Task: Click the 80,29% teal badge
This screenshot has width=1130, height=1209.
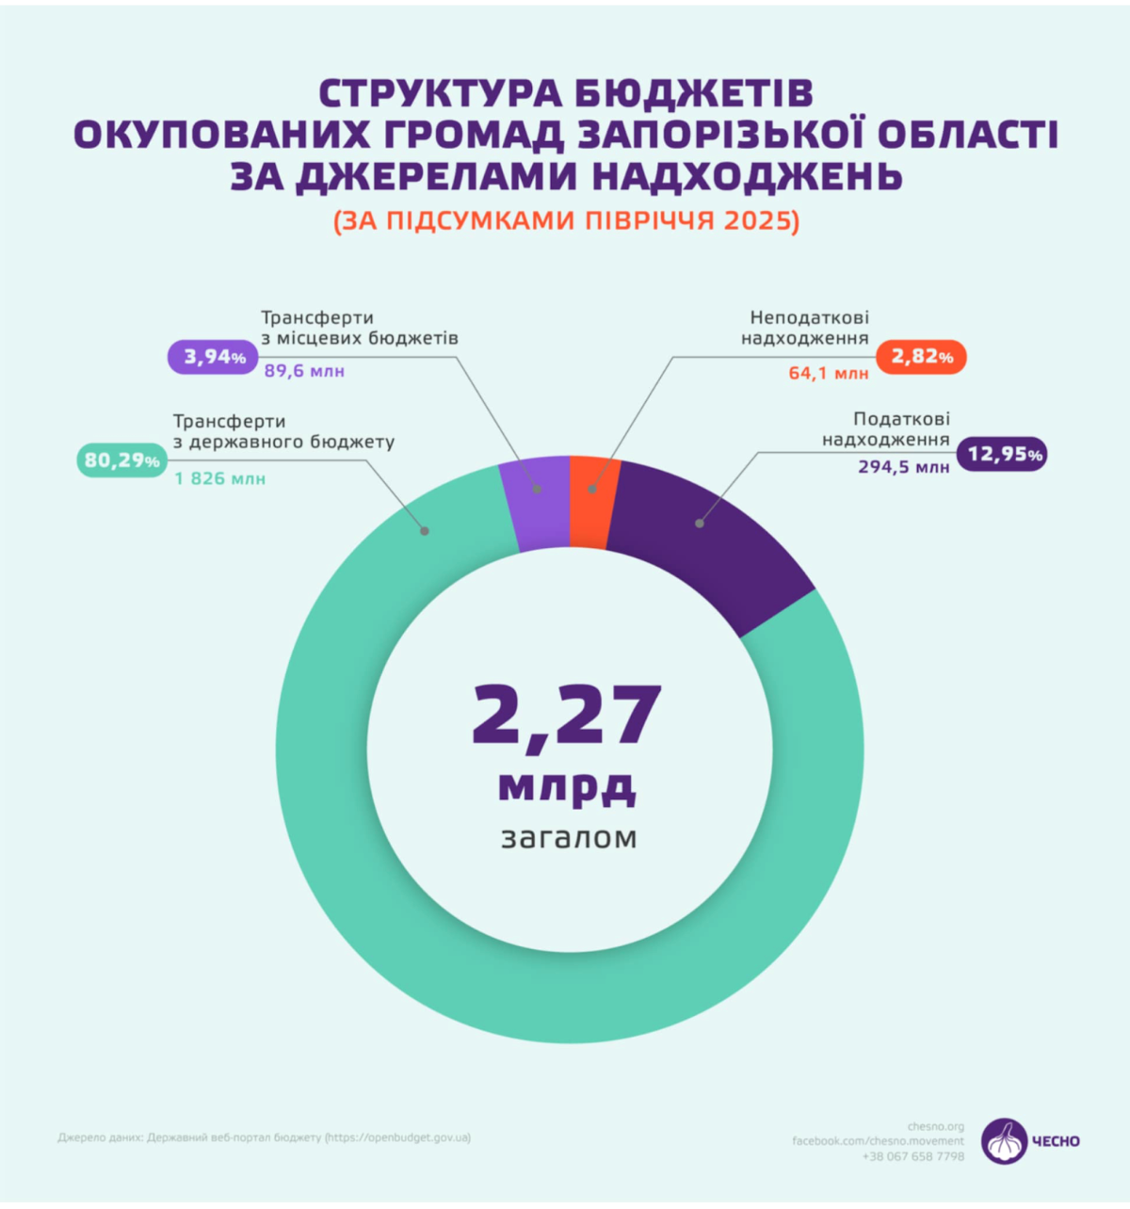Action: (121, 459)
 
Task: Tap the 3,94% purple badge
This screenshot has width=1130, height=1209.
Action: (214, 357)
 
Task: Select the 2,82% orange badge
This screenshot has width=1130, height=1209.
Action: (921, 357)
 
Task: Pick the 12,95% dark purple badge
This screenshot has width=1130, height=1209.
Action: (1002, 454)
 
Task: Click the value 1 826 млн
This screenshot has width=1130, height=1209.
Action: (219, 479)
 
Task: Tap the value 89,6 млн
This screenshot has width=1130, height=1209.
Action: (304, 371)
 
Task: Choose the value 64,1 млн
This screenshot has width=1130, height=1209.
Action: (829, 374)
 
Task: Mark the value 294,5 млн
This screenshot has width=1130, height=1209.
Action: (903, 466)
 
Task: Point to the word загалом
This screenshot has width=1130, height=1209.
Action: (569, 836)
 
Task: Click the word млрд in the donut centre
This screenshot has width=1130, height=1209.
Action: (567, 786)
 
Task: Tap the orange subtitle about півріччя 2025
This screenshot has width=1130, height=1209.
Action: (565, 220)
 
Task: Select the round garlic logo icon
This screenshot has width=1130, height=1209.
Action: (1004, 1141)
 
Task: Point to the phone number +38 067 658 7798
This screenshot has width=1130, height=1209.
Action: (912, 1156)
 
